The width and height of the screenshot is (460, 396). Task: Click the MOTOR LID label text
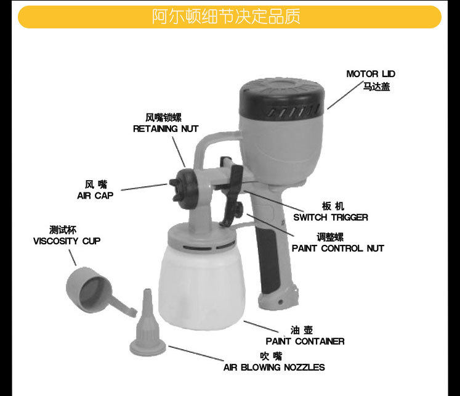370,74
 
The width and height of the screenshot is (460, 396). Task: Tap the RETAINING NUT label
166,129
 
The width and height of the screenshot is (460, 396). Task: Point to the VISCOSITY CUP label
67,241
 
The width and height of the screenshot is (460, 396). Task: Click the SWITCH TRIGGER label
330,217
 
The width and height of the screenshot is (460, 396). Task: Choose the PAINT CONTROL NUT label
337,248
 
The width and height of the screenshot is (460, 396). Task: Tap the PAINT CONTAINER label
305,341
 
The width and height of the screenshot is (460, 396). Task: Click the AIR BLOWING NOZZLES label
274,367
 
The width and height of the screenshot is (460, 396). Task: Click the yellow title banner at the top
229,17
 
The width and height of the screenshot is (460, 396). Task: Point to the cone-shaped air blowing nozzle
147,326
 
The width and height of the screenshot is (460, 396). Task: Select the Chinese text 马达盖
376,87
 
